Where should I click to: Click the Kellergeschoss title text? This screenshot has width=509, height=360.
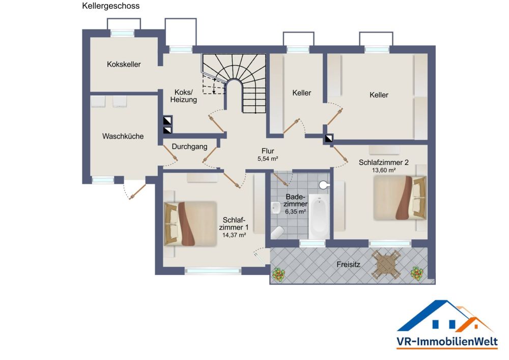110,6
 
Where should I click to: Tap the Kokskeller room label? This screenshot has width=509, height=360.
124,64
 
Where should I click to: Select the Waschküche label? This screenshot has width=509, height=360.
123,136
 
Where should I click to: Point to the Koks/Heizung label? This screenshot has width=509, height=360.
183,96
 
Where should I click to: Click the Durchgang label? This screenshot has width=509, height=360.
189,147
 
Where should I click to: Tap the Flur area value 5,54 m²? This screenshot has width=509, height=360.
268,159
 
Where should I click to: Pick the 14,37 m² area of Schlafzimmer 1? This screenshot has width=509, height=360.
234,235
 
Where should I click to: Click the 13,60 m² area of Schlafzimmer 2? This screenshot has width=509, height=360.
384,170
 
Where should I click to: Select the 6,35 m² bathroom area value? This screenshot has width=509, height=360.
295,212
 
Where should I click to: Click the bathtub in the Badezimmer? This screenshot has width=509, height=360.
319,216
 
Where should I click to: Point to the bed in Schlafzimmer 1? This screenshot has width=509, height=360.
190,224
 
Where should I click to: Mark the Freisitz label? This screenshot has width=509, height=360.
348,265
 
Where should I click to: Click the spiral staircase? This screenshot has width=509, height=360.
234,84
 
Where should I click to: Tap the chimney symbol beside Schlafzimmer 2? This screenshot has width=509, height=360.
329,139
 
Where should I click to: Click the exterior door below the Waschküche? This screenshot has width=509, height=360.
134,190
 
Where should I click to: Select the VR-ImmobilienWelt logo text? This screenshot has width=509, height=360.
447,342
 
